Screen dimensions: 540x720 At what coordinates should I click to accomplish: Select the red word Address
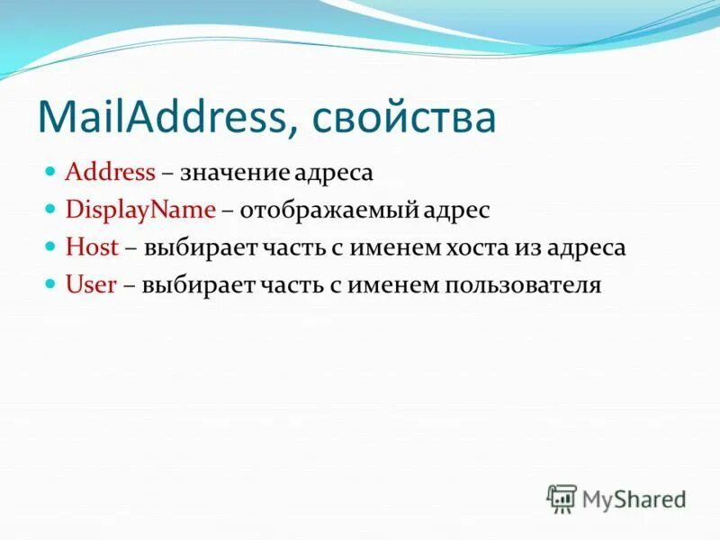tap(111, 171)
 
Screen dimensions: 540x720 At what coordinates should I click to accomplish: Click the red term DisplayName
tap(140, 210)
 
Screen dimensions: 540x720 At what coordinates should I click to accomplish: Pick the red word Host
tap(92, 247)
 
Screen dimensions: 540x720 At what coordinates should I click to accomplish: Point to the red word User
tap(91, 285)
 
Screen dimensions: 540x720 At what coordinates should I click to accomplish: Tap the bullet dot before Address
tap(51, 169)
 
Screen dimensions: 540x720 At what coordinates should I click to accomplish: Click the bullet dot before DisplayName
tap(51, 208)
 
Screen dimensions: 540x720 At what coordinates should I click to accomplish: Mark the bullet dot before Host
tap(51, 246)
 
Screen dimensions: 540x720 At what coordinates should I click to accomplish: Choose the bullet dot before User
tap(51, 283)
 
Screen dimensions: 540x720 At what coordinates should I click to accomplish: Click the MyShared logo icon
tap(561, 498)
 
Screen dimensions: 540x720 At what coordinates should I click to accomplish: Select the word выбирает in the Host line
tap(193, 247)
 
